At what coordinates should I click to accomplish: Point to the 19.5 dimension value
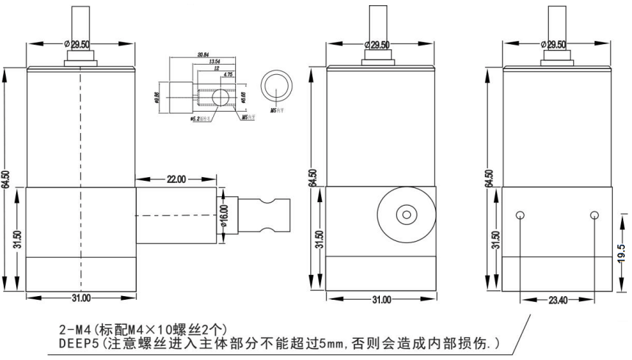click(x=621, y=251)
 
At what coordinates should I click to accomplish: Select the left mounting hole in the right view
click(x=521, y=215)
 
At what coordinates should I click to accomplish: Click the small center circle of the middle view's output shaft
click(x=405, y=215)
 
